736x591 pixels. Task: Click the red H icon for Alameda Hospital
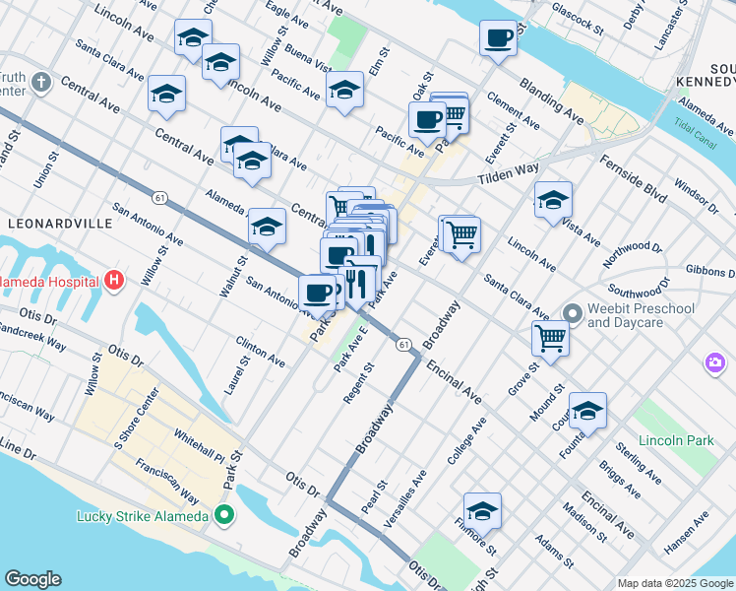click(x=115, y=282)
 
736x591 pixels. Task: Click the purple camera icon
click(x=715, y=363)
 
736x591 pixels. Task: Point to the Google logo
click(x=32, y=579)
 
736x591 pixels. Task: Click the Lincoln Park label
click(x=675, y=440)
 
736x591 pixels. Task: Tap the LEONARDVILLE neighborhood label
click(x=60, y=224)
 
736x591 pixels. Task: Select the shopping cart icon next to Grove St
click(x=551, y=338)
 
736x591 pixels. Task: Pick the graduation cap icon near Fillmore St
click(x=482, y=511)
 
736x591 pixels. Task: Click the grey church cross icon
click(x=40, y=81)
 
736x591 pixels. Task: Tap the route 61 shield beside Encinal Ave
click(x=404, y=345)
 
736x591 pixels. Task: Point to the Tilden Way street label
click(x=509, y=175)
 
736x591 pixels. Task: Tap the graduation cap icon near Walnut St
click(x=267, y=228)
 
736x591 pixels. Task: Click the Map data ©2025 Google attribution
click(x=674, y=583)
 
